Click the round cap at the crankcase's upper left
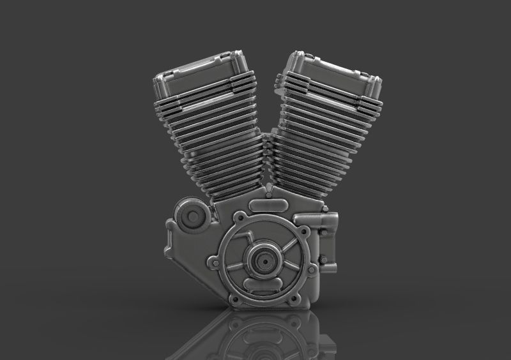(x=190, y=216)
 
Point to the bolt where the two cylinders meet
(x=270, y=190)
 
